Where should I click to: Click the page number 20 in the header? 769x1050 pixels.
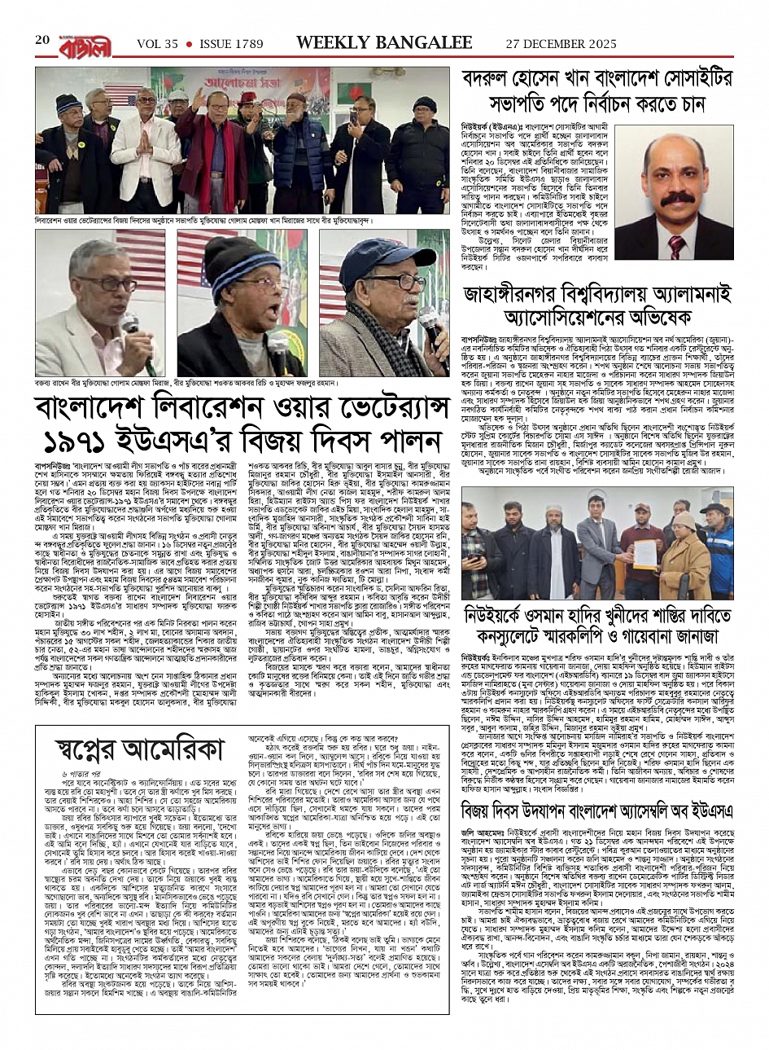(42, 40)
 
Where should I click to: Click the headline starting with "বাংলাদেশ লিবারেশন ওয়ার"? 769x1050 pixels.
(242, 410)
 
